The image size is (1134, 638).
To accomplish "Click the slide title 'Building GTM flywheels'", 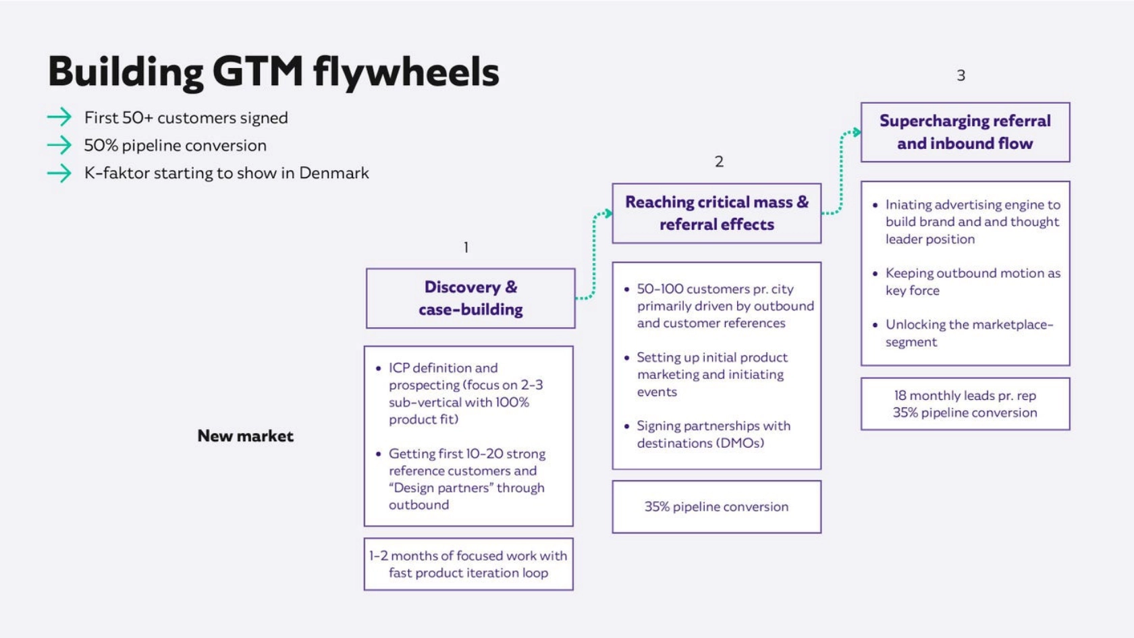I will click(x=273, y=71).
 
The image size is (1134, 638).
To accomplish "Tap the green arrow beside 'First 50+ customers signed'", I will click(x=59, y=117).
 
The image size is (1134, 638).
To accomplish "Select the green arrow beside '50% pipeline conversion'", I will click(x=59, y=145).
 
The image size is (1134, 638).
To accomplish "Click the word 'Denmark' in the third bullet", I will click(x=334, y=173).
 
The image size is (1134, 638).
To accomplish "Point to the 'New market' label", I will click(x=245, y=436).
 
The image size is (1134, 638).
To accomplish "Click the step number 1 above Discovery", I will click(x=466, y=248).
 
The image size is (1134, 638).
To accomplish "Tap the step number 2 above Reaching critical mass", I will click(x=719, y=162).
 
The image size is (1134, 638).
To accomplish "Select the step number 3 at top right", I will click(x=961, y=76).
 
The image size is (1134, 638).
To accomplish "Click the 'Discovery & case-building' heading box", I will click(x=470, y=298).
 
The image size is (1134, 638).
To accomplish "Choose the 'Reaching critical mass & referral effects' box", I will click(x=716, y=213).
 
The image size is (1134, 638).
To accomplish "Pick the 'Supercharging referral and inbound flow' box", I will click(x=965, y=132).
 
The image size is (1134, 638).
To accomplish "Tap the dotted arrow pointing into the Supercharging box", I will click(x=842, y=172).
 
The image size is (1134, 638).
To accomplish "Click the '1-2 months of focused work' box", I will click(x=468, y=564).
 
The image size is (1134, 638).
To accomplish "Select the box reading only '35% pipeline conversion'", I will click(x=716, y=506).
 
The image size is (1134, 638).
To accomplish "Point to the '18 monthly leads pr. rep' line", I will click(x=965, y=396).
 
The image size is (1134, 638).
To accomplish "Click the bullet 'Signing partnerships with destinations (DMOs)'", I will click(x=713, y=434).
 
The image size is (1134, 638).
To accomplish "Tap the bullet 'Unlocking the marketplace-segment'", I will click(x=969, y=333).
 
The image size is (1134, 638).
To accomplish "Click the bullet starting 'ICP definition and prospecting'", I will click(x=466, y=393).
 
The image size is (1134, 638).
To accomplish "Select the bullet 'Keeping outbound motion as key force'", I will click(x=972, y=282).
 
